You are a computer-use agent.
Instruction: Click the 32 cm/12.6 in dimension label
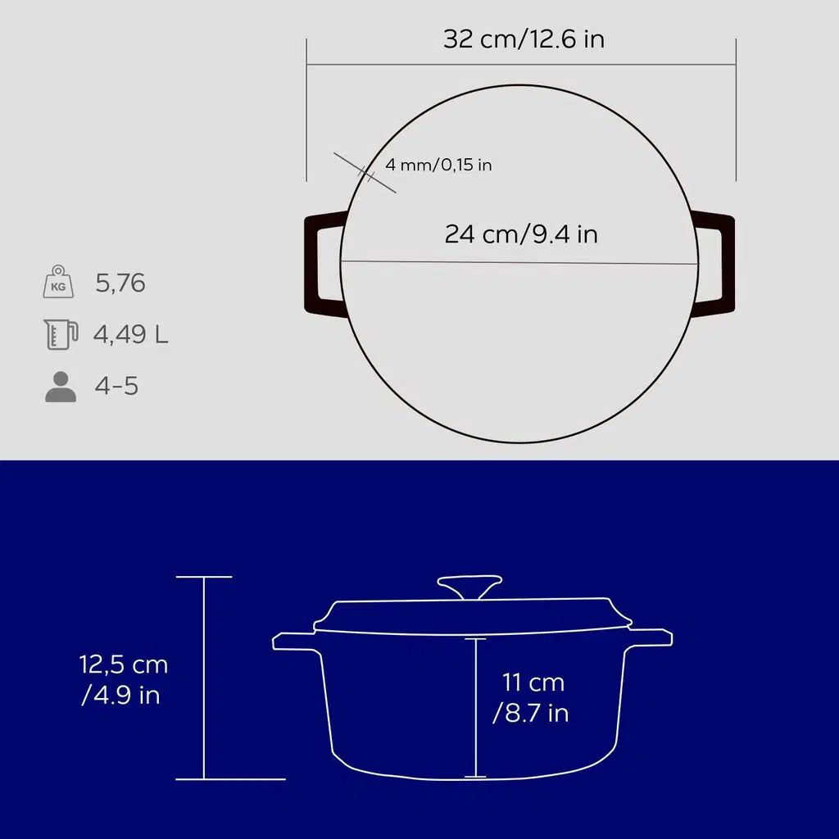click(x=524, y=39)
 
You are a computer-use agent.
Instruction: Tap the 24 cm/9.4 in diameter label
click(x=521, y=234)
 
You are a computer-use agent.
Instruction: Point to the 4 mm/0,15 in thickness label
click(x=438, y=165)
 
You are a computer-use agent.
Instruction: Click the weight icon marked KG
click(x=58, y=282)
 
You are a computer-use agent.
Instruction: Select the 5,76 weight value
click(x=120, y=283)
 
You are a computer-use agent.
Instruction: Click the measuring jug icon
click(x=61, y=334)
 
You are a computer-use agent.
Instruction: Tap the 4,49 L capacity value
click(x=130, y=334)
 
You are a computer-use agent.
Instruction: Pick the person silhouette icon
click(x=61, y=387)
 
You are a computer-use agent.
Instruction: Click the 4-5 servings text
click(x=116, y=386)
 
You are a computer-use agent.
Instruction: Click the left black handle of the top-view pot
click(x=311, y=265)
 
